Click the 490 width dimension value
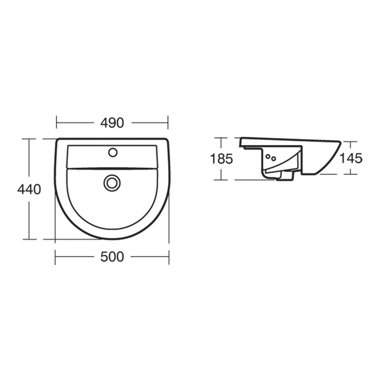[112, 123]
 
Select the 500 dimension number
[112, 257]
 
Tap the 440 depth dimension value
[29, 190]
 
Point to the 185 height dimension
[221, 159]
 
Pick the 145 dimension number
[351, 158]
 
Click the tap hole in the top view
[113, 152]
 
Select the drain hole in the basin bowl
[112, 182]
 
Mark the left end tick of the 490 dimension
[57, 123]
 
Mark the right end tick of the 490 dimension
[168, 123]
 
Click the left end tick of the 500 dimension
[55, 257]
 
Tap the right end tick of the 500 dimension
[169, 257]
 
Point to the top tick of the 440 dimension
[29, 139]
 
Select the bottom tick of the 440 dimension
[29, 239]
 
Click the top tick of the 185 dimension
[221, 138]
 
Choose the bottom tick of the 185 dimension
[221, 180]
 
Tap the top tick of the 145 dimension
[351, 142]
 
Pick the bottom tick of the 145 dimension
[351, 175]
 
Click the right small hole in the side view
[274, 159]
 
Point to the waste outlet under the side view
[285, 176]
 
